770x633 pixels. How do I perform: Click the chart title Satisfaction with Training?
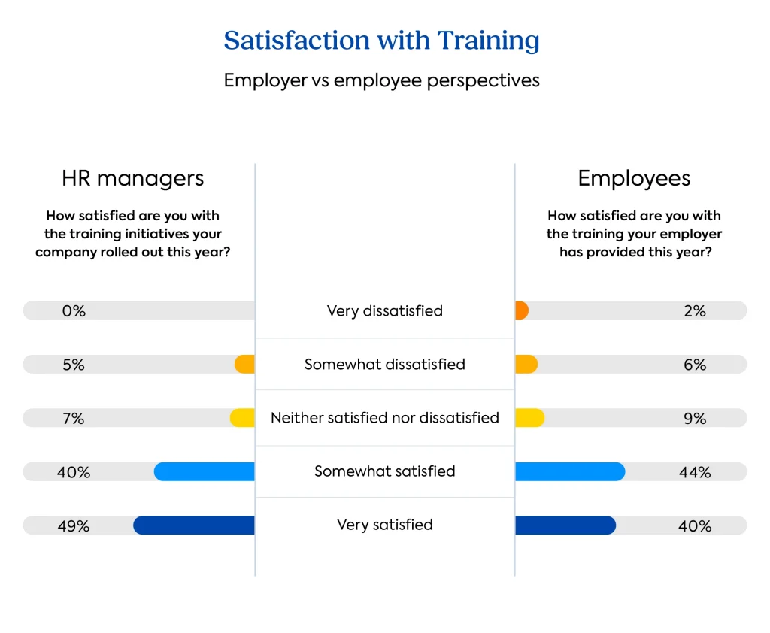click(381, 40)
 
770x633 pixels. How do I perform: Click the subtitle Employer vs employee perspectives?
click(381, 80)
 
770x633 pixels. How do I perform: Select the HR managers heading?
click(132, 178)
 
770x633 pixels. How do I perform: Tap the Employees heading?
click(634, 178)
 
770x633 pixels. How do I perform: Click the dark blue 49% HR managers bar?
click(194, 525)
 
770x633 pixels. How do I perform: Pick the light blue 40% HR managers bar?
click(205, 471)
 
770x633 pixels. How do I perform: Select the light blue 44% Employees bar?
click(570, 471)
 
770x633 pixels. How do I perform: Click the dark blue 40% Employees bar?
click(565, 525)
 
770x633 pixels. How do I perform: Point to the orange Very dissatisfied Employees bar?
click(522, 310)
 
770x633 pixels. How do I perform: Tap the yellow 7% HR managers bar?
click(243, 418)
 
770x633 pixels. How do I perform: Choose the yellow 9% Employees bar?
click(529, 418)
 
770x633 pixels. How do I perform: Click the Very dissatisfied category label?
click(384, 311)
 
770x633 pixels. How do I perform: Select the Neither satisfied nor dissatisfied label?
click(384, 418)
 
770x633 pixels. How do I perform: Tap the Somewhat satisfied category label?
click(384, 471)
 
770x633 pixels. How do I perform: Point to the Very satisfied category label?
click(384, 525)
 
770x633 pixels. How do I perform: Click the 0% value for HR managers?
click(74, 311)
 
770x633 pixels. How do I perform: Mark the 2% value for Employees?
click(695, 311)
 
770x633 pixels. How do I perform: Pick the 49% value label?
click(74, 526)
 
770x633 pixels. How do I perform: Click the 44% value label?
click(695, 472)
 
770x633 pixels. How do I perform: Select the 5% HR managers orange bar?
click(245, 365)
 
